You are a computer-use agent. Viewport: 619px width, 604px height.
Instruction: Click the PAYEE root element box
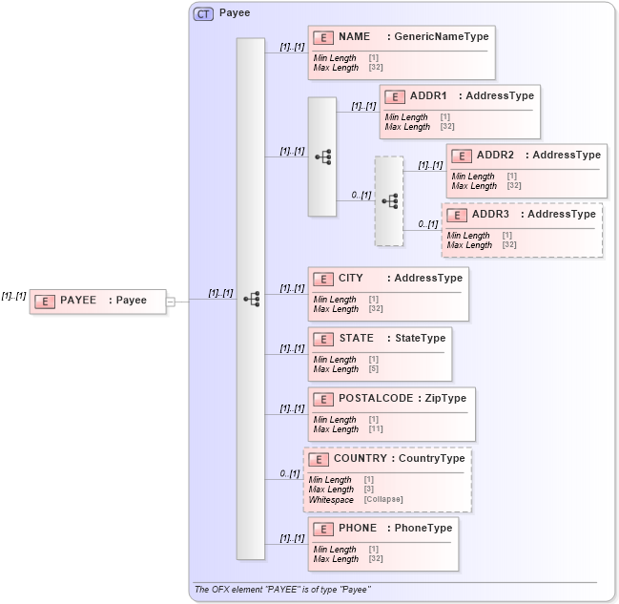pyautogui.click(x=97, y=301)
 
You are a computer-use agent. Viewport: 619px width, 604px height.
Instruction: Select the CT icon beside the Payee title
pyautogui.click(x=203, y=14)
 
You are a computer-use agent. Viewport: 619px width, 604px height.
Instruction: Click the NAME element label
pyautogui.click(x=354, y=37)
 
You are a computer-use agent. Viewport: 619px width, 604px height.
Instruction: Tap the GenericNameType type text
pyautogui.click(x=438, y=37)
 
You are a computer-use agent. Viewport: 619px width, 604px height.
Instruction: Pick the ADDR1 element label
pyautogui.click(x=428, y=96)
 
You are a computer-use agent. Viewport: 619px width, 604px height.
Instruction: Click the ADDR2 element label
pyautogui.click(x=495, y=156)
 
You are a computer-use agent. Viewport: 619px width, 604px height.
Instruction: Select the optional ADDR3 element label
pyautogui.click(x=490, y=215)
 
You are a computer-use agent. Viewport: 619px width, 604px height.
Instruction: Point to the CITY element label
pyautogui.click(x=350, y=279)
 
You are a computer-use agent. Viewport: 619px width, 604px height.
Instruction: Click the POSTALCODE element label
pyautogui.click(x=376, y=399)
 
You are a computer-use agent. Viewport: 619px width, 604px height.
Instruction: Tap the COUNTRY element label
pyautogui.click(x=360, y=459)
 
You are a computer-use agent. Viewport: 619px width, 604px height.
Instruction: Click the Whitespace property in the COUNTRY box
pyautogui.click(x=331, y=500)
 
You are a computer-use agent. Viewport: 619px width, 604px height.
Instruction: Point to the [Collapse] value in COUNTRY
pyautogui.click(x=382, y=500)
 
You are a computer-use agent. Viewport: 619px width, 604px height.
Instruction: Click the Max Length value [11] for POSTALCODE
pyautogui.click(x=375, y=429)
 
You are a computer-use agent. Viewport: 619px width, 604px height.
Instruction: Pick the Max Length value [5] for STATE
pyautogui.click(x=373, y=369)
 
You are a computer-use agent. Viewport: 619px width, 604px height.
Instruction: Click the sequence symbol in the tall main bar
pyautogui.click(x=251, y=299)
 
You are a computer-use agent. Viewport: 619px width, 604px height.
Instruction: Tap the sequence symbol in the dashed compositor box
pyautogui.click(x=389, y=201)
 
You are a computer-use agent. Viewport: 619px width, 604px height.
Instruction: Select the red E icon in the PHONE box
pyautogui.click(x=323, y=529)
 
